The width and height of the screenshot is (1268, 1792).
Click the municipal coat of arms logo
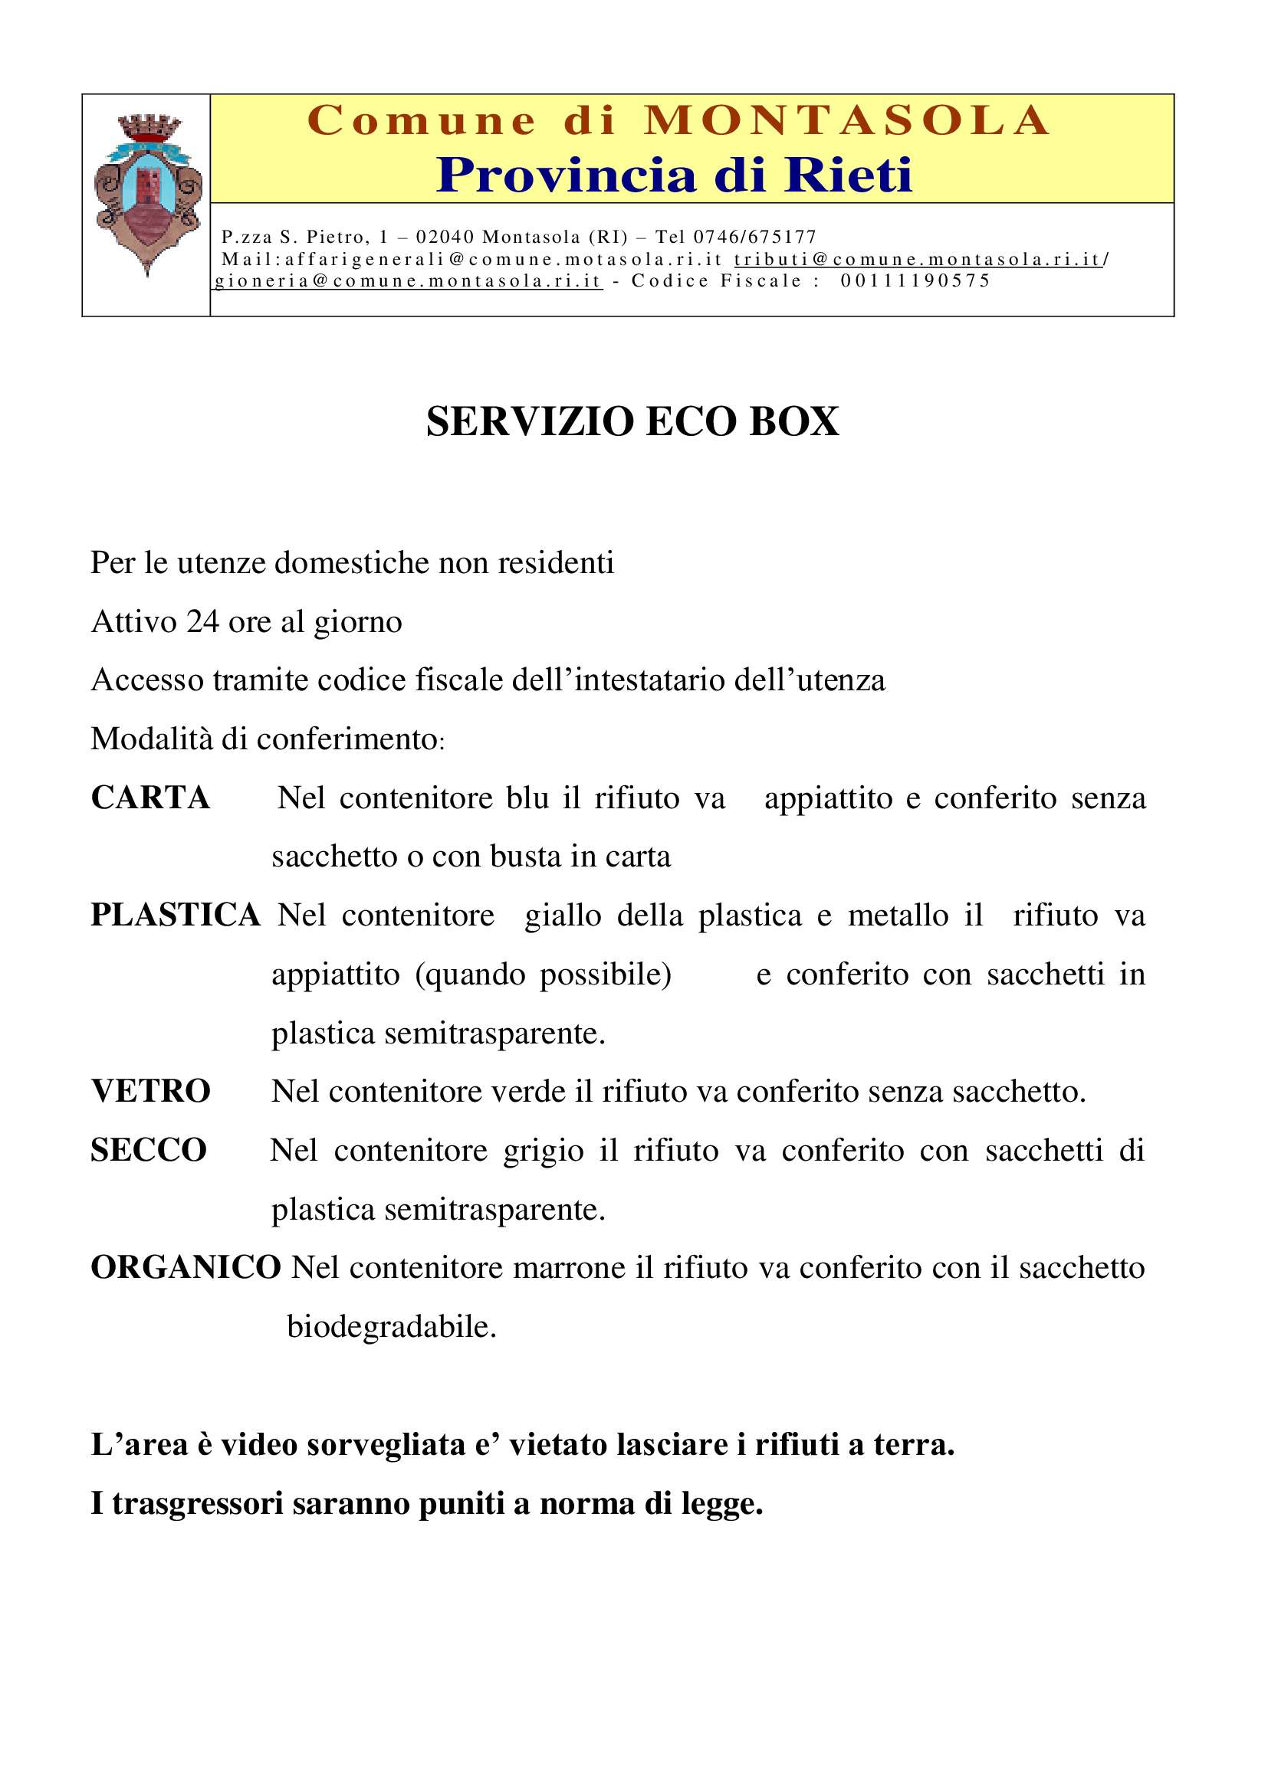click(147, 195)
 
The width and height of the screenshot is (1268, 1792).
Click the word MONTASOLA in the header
click(847, 121)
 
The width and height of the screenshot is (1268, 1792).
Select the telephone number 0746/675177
click(754, 237)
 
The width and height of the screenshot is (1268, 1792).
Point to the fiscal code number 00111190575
click(915, 281)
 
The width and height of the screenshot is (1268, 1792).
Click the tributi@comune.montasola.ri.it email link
click(917, 259)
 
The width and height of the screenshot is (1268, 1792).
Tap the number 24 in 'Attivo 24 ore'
click(203, 622)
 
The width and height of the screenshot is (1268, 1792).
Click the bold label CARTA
click(151, 798)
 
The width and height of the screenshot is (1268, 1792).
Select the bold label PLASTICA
click(176, 915)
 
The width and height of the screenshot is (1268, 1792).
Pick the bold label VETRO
click(151, 1091)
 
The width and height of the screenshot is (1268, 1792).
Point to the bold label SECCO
click(149, 1150)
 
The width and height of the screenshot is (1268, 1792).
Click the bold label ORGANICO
click(186, 1267)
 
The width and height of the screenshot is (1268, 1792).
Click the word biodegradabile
click(392, 1327)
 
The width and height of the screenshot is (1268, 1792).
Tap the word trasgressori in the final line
click(198, 1503)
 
